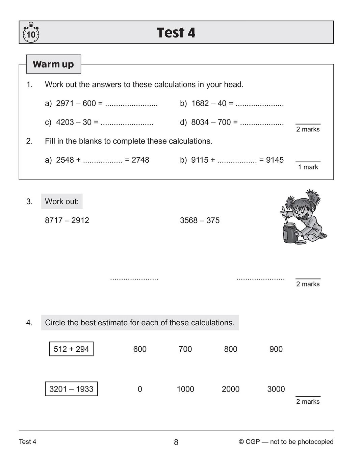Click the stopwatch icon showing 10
(x=31, y=33)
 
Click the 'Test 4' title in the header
(x=176, y=33)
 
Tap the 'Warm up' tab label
(x=53, y=64)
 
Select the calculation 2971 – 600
(x=76, y=103)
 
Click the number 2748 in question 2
(x=140, y=160)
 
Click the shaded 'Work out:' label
(x=62, y=201)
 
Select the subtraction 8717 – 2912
(x=67, y=220)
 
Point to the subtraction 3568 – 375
(x=200, y=220)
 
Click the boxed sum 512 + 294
(x=71, y=349)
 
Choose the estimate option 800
(x=231, y=349)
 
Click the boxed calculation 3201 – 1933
(x=71, y=389)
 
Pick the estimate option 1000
(x=185, y=389)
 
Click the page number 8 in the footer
(x=176, y=442)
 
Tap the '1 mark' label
(x=308, y=167)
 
